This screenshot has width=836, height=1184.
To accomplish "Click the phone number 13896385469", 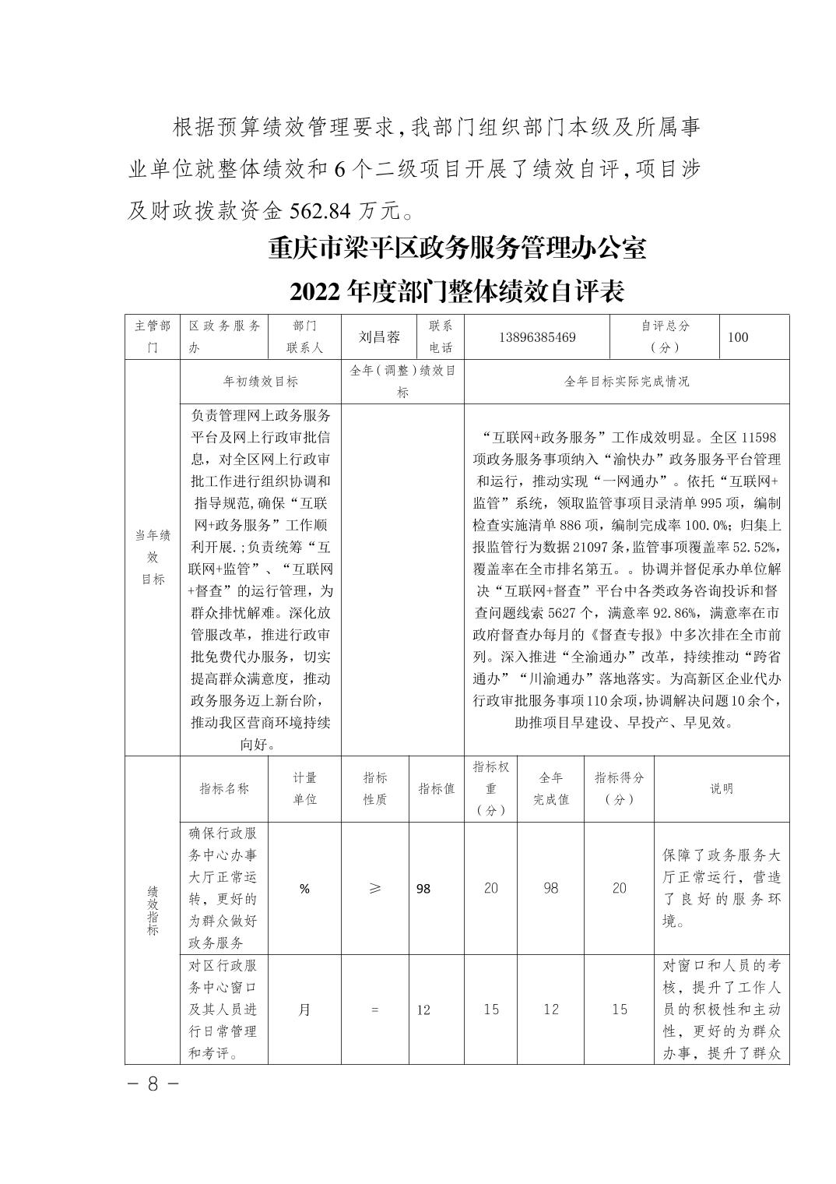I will pyautogui.click(x=537, y=337).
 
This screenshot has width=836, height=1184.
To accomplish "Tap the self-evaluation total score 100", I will pyautogui.click(x=737, y=337).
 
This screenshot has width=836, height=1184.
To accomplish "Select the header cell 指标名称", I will pyautogui.click(x=224, y=788).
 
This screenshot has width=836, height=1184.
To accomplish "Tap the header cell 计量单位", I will pyautogui.click(x=304, y=788).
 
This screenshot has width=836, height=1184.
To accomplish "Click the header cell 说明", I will pyautogui.click(x=721, y=788).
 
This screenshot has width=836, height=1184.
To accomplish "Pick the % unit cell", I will pyautogui.click(x=304, y=889).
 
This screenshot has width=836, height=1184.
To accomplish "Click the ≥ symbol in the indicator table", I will pyautogui.click(x=375, y=889).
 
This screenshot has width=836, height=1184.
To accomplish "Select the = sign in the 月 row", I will pyautogui.click(x=375, y=1010).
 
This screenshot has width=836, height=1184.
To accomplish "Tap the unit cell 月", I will pyautogui.click(x=304, y=1010).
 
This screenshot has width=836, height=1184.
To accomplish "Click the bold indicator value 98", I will pyautogui.click(x=423, y=889).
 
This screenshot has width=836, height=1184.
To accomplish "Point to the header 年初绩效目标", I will pyautogui.click(x=261, y=382).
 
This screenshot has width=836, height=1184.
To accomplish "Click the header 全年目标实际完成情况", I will pyautogui.click(x=626, y=382).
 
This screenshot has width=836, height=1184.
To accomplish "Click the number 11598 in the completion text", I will pyautogui.click(x=760, y=438).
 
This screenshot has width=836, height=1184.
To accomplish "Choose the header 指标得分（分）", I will pyautogui.click(x=620, y=788).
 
